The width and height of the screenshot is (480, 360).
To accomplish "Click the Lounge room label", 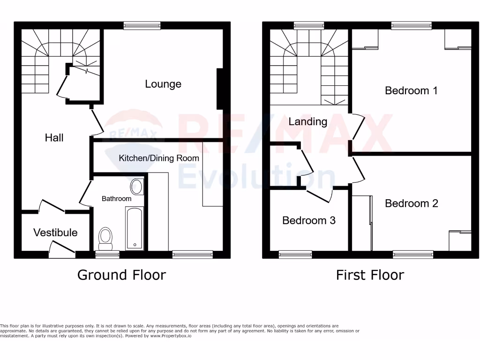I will click(x=163, y=84).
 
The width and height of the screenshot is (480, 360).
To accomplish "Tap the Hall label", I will click(x=54, y=137).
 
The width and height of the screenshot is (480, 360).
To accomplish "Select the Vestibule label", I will click(x=55, y=232).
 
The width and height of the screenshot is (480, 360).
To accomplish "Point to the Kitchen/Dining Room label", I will click(x=159, y=158).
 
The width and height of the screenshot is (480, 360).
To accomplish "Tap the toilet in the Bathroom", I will click(x=105, y=238).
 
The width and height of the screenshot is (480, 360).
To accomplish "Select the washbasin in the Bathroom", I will click(x=136, y=186).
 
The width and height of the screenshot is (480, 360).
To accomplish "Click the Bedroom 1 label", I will click(x=411, y=90).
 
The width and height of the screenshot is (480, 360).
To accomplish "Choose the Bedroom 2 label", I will click(x=411, y=203).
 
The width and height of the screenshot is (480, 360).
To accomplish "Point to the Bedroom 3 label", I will click(x=308, y=220).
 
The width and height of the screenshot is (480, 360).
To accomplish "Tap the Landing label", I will click(x=307, y=121).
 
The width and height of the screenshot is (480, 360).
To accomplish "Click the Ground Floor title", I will click(x=121, y=275).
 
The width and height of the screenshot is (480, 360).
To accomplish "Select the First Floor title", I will click(x=370, y=275).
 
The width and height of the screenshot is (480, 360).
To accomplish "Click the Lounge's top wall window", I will click(x=142, y=25).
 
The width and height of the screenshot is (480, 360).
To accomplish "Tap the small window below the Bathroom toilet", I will click(x=107, y=255).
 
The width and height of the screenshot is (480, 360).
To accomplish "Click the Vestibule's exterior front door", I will click(x=62, y=248).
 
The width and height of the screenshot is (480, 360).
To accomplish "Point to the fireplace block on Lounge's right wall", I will click(x=219, y=89).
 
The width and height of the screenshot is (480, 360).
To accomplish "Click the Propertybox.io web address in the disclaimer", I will click(x=171, y=336).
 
